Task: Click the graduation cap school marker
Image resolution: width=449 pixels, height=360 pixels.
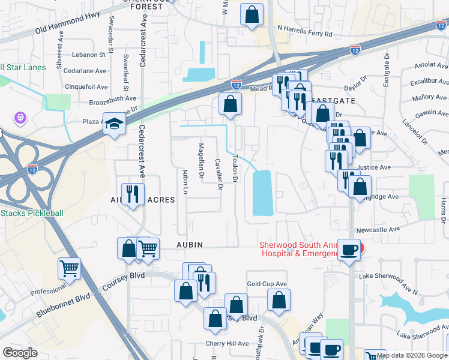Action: pyautogui.click(x=113, y=124)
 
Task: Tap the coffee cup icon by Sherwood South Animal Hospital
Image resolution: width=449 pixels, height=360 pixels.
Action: pyautogui.click(x=348, y=250)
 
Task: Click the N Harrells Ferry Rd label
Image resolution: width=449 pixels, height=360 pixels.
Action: pyautogui.click(x=304, y=34)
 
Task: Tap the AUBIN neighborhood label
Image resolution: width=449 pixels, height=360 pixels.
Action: pyautogui.click(x=190, y=245)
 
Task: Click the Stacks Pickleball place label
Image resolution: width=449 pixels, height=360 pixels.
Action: pyautogui.click(x=31, y=213)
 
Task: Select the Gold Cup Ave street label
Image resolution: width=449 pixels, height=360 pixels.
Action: pyautogui.click(x=267, y=284)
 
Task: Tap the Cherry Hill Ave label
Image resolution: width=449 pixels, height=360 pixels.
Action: pyautogui.click(x=227, y=344)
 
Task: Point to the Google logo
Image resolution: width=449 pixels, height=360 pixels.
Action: pyautogui.click(x=20, y=353)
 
